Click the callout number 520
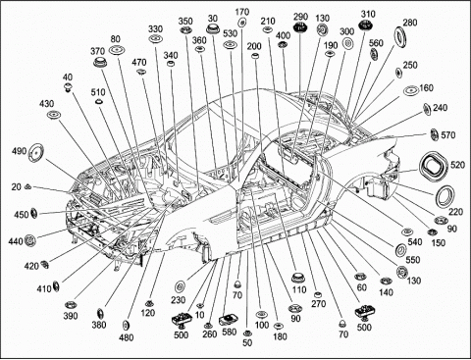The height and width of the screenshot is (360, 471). point(457,165)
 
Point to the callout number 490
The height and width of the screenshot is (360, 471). point(19,151)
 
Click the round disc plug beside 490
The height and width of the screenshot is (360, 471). point(36,152)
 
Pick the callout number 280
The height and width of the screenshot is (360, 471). point(410,23)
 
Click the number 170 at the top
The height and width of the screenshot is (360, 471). point(242,12)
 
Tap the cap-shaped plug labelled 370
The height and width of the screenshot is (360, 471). point(100,62)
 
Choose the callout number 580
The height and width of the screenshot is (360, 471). point(229,332)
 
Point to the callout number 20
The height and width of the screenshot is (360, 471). point(16,187)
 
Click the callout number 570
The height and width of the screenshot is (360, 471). point(448,134)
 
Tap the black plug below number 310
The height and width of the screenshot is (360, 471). point(365,25)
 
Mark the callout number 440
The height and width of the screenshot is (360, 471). point(16,241)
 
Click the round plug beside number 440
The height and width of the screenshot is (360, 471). point(30,240)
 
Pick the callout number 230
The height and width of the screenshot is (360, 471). point(179,299)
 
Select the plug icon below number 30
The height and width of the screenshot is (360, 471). point(213,28)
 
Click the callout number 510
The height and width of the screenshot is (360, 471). point(98,92)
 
